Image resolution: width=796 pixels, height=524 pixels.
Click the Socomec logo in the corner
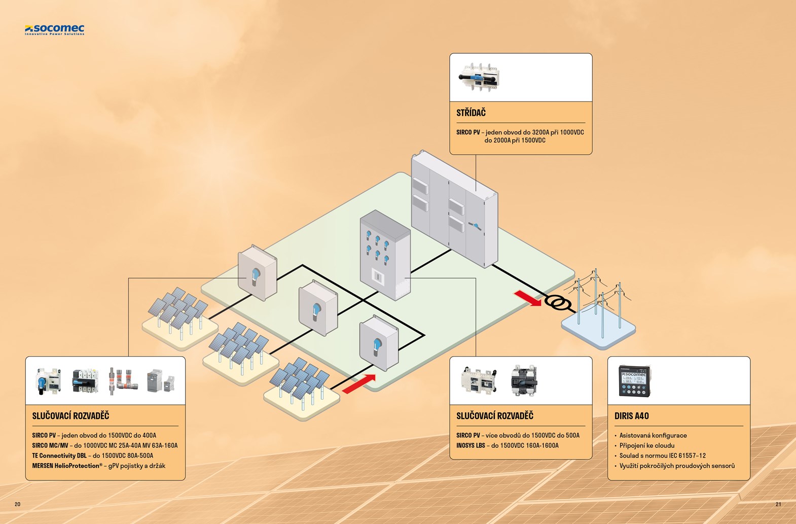coord(55,30)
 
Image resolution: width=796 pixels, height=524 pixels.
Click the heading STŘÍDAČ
coord(471,113)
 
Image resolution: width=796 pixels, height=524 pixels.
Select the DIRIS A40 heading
coord(631,416)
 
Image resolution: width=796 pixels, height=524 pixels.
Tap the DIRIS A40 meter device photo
coord(634,381)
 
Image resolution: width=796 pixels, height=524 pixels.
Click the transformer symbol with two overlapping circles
coord(557,303)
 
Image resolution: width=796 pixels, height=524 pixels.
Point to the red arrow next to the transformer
coord(527,298)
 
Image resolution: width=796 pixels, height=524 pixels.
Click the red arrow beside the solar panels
coord(359,384)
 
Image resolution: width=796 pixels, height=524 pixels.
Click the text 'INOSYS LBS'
coord(471,445)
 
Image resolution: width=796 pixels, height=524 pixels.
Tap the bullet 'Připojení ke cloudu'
coord(646,445)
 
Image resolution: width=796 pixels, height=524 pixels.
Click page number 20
coord(18,504)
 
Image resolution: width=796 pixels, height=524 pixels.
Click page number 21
coord(778,504)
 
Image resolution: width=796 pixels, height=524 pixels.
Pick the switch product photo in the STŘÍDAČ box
coord(479,77)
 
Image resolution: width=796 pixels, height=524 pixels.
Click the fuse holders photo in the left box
coord(124,380)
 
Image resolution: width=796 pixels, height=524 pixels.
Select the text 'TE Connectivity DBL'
coord(59,456)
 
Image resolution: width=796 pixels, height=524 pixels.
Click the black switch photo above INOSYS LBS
coord(524,380)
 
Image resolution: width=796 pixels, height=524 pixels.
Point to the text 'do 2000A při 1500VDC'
coord(515,141)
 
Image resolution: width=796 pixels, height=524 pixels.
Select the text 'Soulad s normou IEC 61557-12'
coord(662,456)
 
